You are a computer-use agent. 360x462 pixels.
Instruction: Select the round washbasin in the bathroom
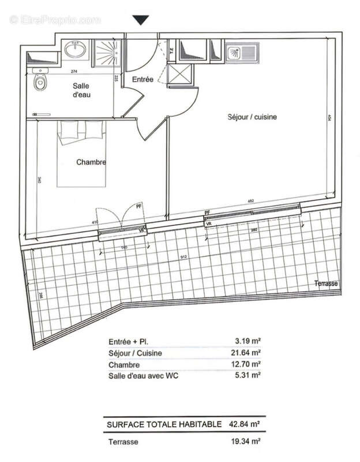[x=74, y=50]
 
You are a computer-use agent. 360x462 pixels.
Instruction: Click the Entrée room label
[x=142, y=79]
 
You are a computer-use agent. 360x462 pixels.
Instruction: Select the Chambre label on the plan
[x=91, y=162]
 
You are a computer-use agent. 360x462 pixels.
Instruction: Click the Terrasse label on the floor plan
[x=326, y=284]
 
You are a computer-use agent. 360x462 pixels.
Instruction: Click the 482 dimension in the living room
[x=252, y=201]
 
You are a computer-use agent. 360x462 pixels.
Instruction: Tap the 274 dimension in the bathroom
[x=74, y=72]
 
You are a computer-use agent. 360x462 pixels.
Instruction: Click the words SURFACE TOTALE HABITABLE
[x=164, y=424]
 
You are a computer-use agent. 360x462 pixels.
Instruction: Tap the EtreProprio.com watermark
[x=55, y=20]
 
